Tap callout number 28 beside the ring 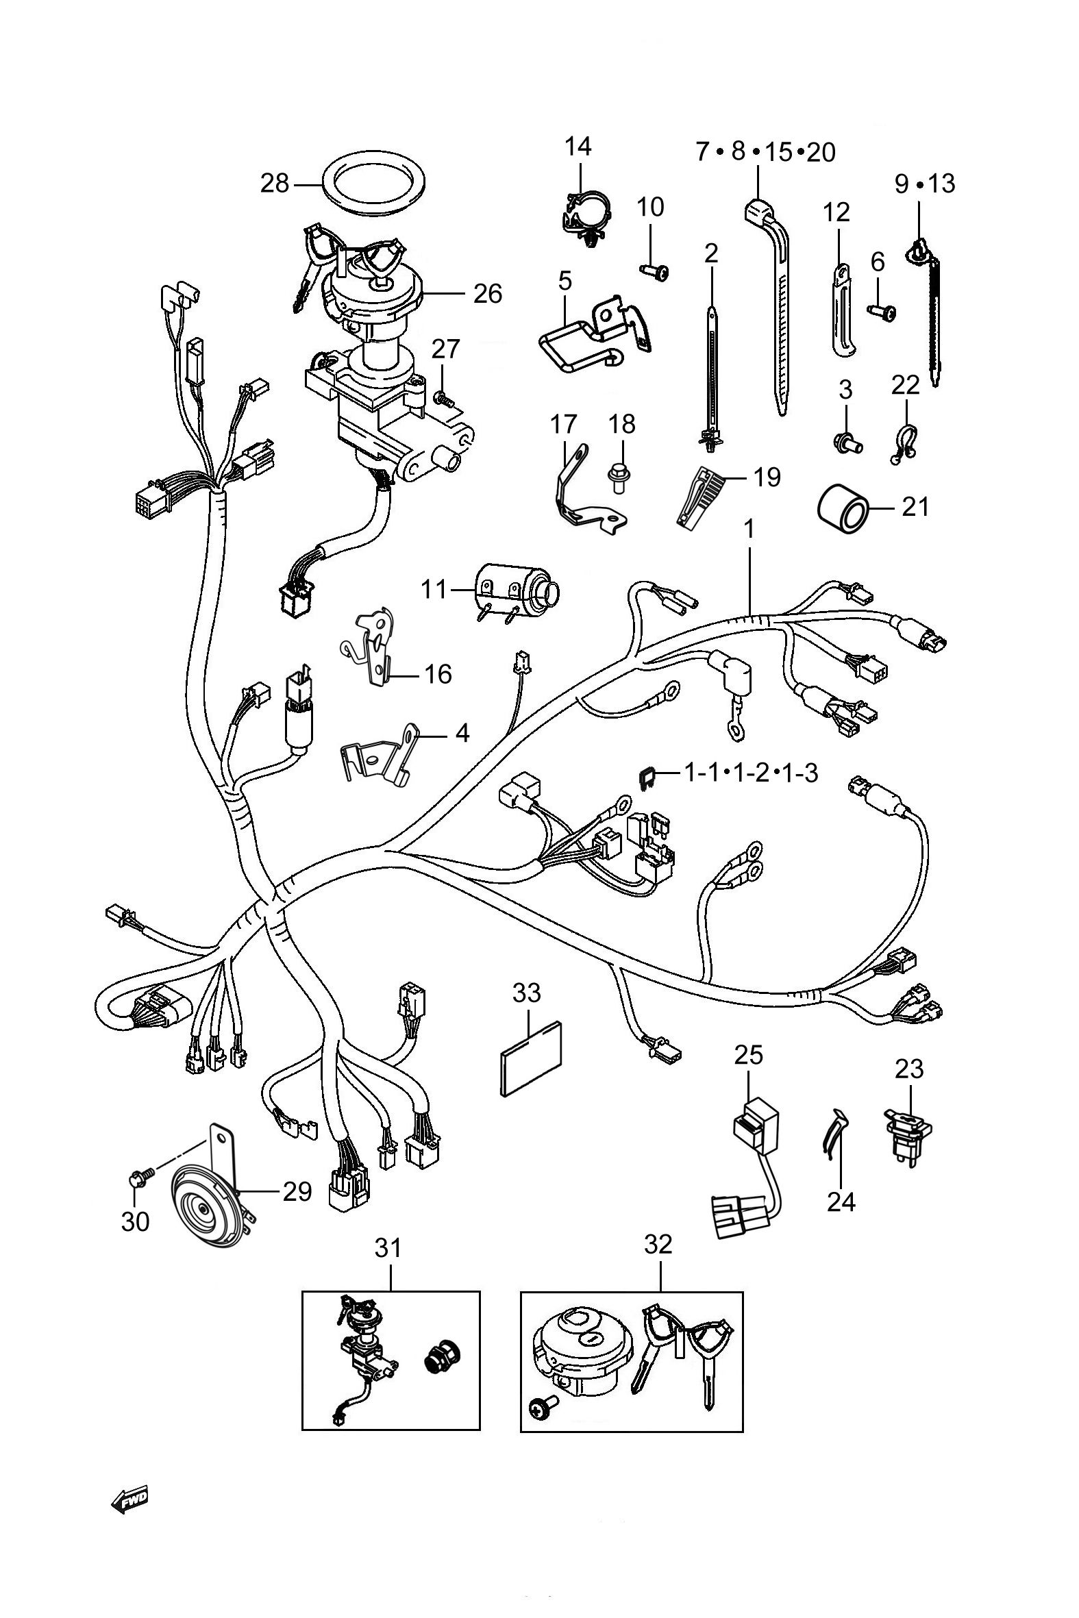(274, 184)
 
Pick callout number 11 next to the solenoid (434, 590)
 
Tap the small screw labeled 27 (441, 396)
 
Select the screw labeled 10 (654, 273)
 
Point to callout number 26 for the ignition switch (487, 294)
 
